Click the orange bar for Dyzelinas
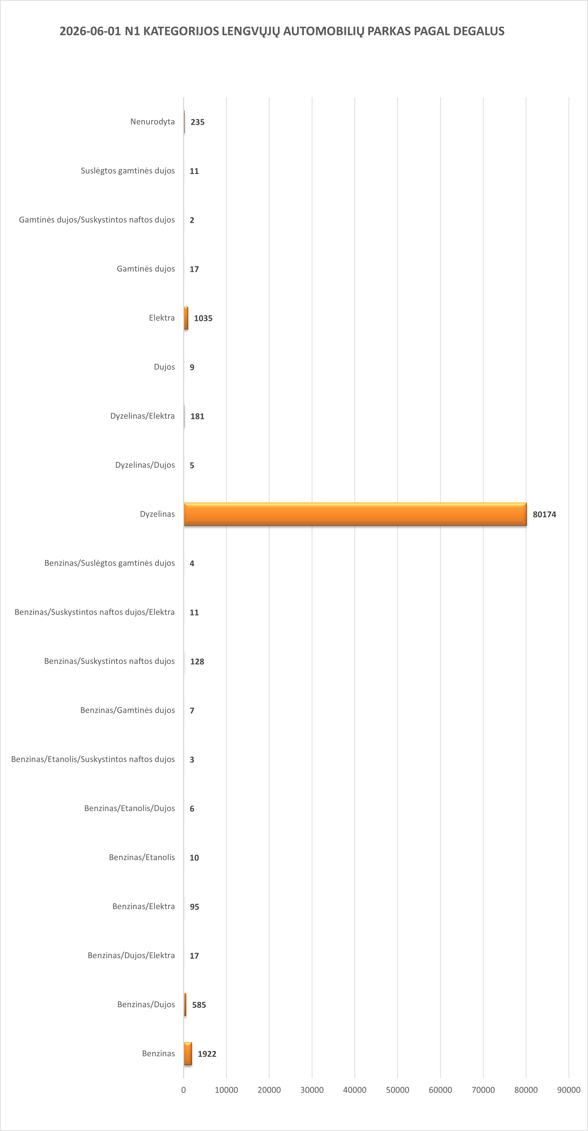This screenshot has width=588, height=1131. (x=355, y=514)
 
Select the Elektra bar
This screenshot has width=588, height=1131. (x=186, y=318)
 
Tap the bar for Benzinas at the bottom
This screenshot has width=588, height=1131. (x=188, y=1053)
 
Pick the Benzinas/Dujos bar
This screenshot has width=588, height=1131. (x=185, y=1005)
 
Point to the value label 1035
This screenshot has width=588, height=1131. (x=203, y=318)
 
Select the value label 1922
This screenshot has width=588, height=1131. (x=207, y=1054)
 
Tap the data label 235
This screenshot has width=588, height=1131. (x=198, y=122)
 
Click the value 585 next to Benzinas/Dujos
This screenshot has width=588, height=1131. (x=199, y=1005)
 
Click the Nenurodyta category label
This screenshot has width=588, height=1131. (x=152, y=122)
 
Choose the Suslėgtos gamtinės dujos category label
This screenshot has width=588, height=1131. (x=128, y=171)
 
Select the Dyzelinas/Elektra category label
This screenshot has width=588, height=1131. (x=142, y=416)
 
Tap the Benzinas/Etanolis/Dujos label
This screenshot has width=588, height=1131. (x=129, y=808)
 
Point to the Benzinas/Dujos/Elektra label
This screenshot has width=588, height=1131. (x=131, y=955)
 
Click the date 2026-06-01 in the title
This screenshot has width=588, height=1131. (x=90, y=31)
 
